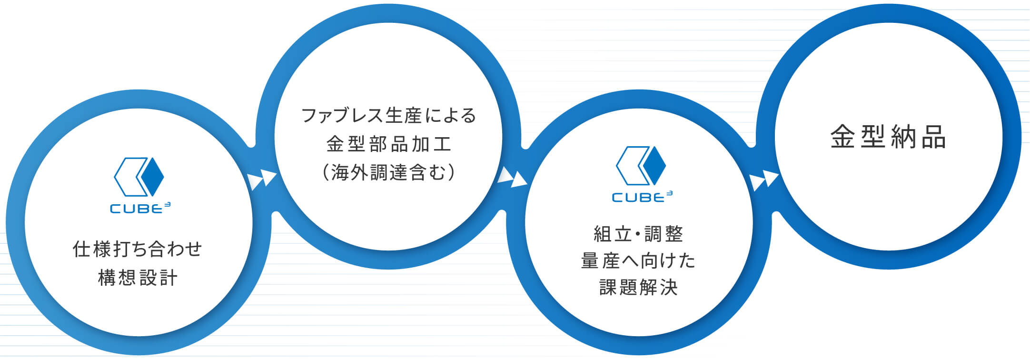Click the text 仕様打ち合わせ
click(138, 249)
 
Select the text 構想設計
click(138, 278)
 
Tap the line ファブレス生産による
click(388, 116)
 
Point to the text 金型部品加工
click(388, 144)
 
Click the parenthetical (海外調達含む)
click(388, 172)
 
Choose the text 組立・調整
click(638, 234)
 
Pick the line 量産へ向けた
click(638, 260)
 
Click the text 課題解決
click(638, 288)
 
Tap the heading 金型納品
click(888, 137)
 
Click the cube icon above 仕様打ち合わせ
click(139, 177)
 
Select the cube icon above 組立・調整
click(641, 166)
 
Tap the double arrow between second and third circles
click(512, 177)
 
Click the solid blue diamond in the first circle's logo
click(153, 177)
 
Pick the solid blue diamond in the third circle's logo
click(654, 166)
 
